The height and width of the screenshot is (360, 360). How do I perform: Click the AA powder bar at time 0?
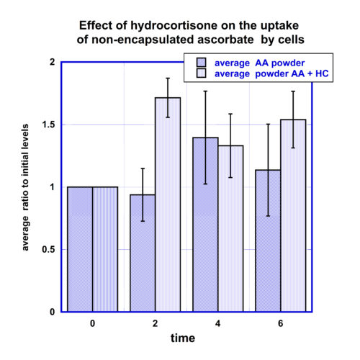[80, 249]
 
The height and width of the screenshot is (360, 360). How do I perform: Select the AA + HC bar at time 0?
[105, 249]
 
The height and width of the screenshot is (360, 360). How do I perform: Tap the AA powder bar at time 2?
[143, 253]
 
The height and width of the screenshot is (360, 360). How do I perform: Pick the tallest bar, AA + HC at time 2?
[168, 204]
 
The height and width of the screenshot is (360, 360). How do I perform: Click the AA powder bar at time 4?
[205, 225]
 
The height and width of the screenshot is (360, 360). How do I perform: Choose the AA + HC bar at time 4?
[230, 228]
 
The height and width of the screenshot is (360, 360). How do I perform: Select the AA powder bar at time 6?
[268, 240]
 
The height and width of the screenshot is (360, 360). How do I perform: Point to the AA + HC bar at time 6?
[293, 215]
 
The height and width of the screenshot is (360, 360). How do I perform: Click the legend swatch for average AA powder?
[201, 63]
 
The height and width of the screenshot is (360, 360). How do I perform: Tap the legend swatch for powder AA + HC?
[201, 73]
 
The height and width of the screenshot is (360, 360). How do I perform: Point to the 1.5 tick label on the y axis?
[48, 125]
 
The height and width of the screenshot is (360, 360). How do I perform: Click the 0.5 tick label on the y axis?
[48, 249]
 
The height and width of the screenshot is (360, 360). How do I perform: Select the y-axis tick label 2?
[52, 62]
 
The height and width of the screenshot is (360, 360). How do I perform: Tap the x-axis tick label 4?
[217, 323]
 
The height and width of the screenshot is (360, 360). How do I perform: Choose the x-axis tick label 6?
[281, 323]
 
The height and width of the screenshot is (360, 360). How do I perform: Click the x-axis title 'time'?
[183, 338]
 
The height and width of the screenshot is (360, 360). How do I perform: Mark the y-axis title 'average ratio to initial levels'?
[25, 187]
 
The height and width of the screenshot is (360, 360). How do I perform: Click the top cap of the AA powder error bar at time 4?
[205, 91]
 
